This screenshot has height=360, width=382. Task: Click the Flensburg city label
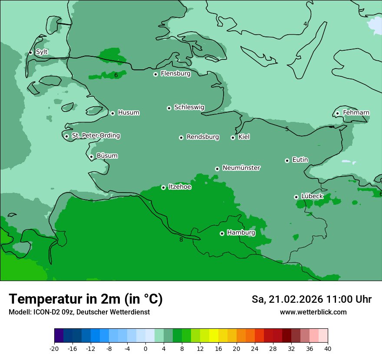coord(175,74)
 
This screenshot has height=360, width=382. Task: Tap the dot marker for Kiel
coord(233,137)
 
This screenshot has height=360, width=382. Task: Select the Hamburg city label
coord(241,233)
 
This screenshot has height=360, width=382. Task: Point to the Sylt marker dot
coord(30,52)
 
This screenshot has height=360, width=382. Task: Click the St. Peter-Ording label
coord(95,136)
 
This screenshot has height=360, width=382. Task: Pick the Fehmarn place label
coord(356,113)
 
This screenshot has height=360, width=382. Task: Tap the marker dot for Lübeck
coord(296,197)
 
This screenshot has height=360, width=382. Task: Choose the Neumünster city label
coord(241,168)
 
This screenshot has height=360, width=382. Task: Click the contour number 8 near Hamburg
coord(181,239)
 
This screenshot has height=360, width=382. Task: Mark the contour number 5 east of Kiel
coord(287,129)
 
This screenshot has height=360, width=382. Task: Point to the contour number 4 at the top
coord(305,24)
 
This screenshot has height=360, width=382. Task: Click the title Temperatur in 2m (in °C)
coord(86,299)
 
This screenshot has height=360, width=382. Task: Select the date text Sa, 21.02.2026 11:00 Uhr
coord(311,299)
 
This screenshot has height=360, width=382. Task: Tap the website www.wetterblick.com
coord(313,312)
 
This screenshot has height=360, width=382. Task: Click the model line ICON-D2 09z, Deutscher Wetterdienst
coord(79,312)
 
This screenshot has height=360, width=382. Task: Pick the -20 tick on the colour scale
coord(54,349)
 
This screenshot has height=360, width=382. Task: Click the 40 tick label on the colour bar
coord(327,349)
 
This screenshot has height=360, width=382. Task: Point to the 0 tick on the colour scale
coord(145,349)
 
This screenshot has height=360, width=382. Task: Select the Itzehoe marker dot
coord(163,187)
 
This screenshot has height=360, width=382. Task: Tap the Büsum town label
coord(107,156)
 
